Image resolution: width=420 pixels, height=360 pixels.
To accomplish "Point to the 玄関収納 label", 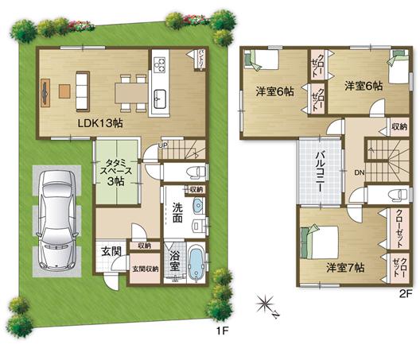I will (144, 269).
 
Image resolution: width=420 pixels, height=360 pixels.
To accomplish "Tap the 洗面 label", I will (177, 213).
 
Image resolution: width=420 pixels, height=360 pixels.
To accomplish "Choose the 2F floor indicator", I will (405, 293).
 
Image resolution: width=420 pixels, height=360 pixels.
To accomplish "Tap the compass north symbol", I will (266, 304).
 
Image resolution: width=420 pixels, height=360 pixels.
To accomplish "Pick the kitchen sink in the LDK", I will (157, 98).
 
